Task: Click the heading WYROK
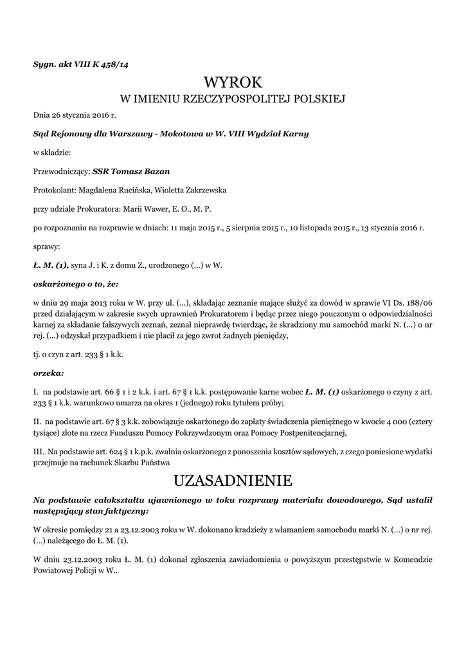(233, 82)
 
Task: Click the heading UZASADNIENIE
(233, 480)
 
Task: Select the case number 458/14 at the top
(116, 63)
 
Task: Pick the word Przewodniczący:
(62, 172)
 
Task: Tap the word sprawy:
(46, 246)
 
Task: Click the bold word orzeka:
(48, 373)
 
